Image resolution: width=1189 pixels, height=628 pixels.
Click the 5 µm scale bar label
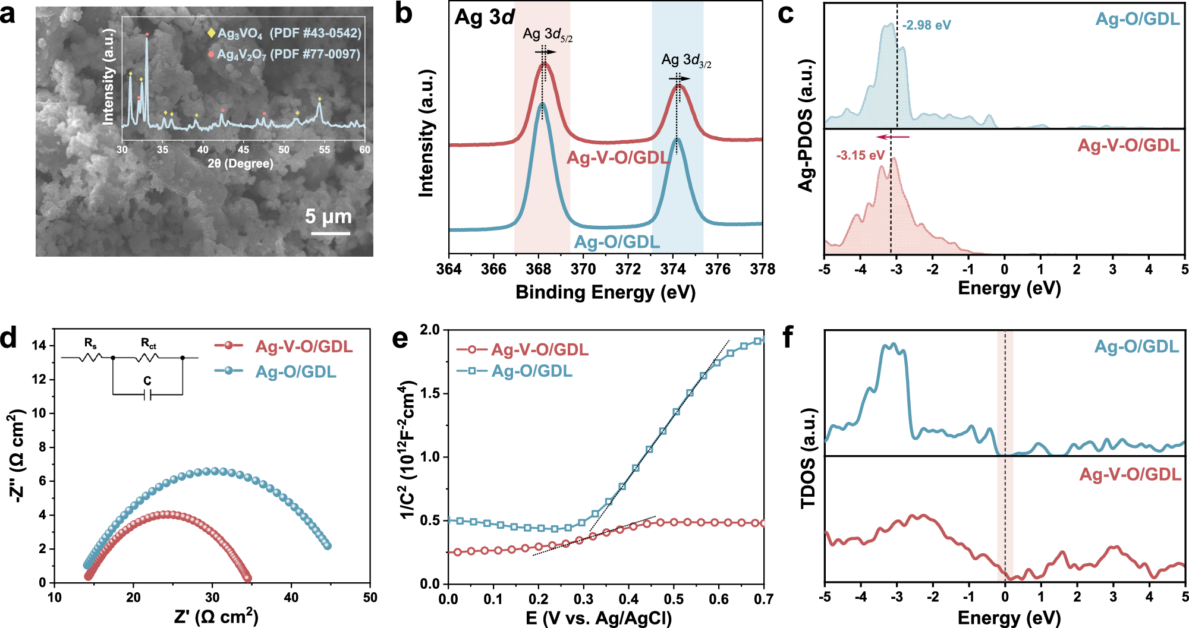(328, 217)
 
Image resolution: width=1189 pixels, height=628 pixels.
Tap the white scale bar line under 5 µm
(331, 233)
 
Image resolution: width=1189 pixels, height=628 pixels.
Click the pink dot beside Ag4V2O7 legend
(211, 54)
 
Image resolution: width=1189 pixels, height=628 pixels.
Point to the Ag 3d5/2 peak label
(547, 35)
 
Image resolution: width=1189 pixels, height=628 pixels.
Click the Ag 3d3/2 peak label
(686, 61)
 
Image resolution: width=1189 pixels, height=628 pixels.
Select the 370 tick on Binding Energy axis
(583, 269)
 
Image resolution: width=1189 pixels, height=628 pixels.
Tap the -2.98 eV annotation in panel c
(926, 26)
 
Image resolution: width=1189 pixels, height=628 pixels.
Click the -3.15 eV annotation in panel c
(860, 156)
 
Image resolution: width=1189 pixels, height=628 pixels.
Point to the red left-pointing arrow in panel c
(893, 137)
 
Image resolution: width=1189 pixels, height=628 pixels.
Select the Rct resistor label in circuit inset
(148, 343)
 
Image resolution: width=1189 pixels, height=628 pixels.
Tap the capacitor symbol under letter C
(147, 395)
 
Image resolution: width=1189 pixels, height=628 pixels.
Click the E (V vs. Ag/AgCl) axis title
(599, 618)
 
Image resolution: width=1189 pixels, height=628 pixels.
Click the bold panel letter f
(788, 338)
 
